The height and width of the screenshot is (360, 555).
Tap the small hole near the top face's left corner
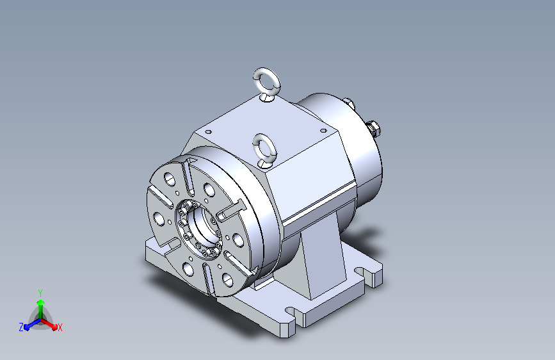[209, 132]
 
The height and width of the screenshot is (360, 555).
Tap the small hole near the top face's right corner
[323, 131]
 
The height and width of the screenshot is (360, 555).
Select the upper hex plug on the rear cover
[349, 103]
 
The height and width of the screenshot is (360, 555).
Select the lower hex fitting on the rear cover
[373, 127]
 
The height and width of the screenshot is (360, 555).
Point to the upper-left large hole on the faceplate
[170, 179]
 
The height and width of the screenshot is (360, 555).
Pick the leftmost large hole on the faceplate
[159, 219]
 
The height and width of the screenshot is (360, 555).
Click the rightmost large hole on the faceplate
[238, 240]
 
